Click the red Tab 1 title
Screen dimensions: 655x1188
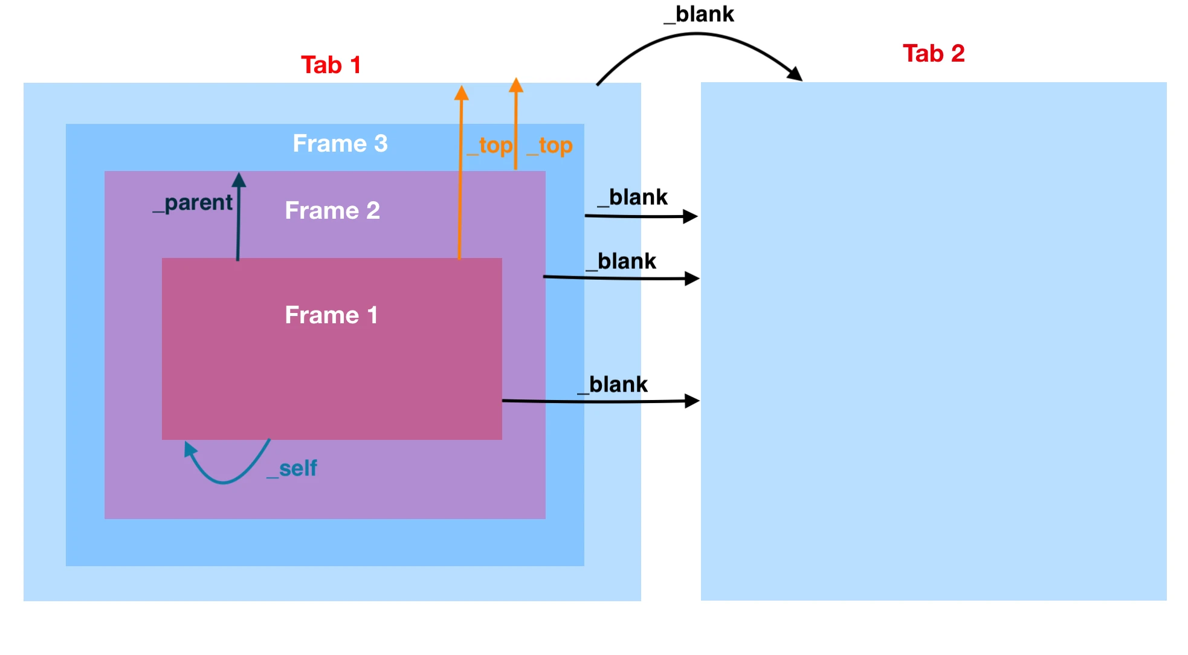(331, 65)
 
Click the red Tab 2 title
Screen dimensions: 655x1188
(933, 53)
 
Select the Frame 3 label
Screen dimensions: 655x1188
(340, 143)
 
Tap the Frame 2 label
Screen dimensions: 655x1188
(332, 210)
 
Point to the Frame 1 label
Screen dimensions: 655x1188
(331, 315)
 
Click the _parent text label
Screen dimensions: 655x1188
(193, 203)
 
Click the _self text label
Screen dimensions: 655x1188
(292, 468)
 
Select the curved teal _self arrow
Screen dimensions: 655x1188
(224, 480)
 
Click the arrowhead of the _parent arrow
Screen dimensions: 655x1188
(239, 179)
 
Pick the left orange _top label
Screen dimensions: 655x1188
(490, 146)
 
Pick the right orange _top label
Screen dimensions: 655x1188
(549, 146)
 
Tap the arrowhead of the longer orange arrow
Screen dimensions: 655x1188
(462, 92)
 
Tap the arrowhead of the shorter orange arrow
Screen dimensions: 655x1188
(516, 85)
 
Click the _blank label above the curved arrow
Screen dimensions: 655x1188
(699, 14)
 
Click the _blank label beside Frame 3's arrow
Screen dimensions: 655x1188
(633, 197)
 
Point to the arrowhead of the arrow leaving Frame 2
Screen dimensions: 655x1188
(692, 279)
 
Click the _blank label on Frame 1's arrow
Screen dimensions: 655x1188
(613, 384)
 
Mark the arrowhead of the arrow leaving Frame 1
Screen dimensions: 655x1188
(692, 401)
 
